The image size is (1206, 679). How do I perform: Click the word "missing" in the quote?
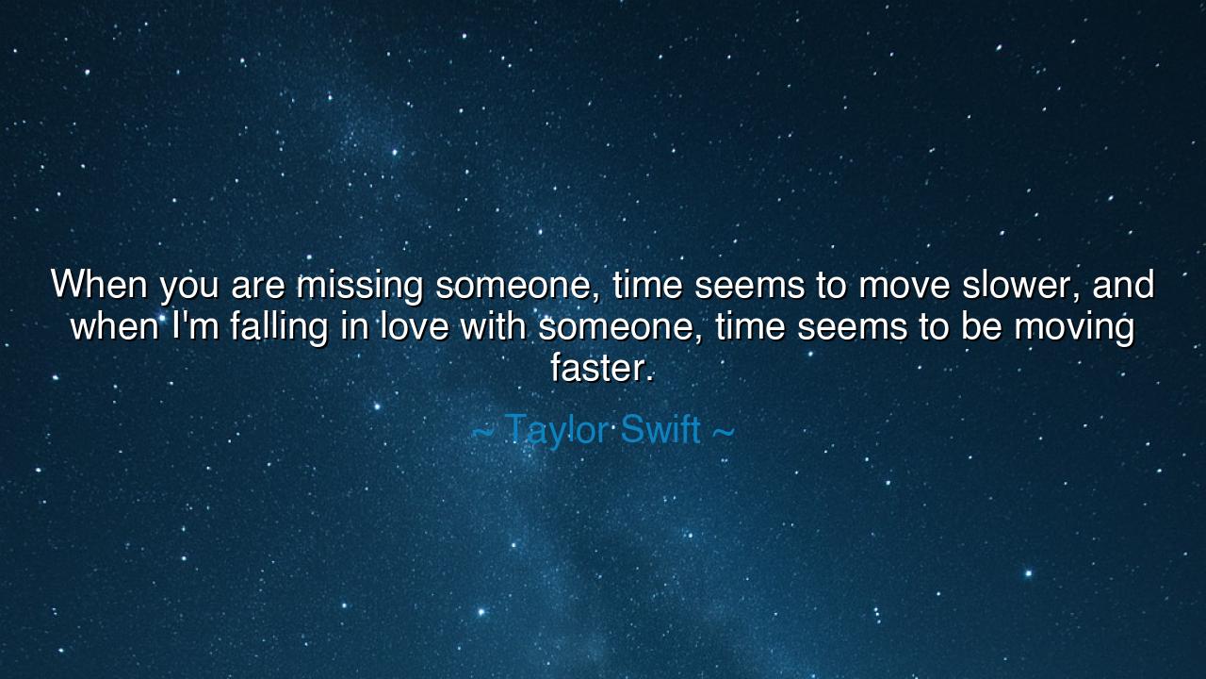click(360, 285)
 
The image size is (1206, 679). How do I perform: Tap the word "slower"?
click(1019, 285)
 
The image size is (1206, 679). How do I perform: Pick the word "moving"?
click(1075, 327)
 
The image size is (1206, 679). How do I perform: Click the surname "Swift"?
click(660, 429)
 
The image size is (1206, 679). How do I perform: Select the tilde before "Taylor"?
click(483, 432)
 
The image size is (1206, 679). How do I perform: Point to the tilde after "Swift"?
click(723, 432)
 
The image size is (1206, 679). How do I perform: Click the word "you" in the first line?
click(189, 289)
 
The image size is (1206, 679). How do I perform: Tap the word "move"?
click(904, 289)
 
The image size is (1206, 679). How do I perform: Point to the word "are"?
click(257, 289)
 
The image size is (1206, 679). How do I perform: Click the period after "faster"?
click(649, 379)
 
